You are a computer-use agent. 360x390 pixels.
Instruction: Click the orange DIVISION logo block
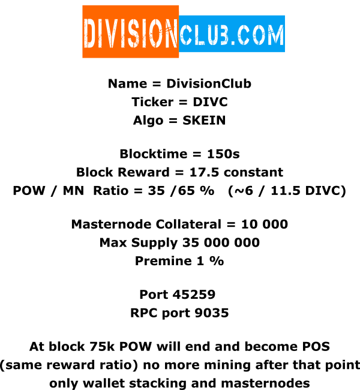pos(131,32)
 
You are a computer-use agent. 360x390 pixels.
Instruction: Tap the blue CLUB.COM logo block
pos(232,34)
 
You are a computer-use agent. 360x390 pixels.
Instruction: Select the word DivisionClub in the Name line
pos(209,83)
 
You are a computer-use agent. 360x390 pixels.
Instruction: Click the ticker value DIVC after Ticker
pos(210,102)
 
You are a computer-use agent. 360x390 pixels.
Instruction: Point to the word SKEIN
pos(204,121)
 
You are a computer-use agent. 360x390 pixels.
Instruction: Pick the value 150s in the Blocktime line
pos(223,154)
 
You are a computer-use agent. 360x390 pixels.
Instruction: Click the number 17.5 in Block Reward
pos(204,172)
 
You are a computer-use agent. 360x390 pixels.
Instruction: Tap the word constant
pos(253,172)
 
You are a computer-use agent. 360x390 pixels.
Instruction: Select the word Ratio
pos(111,191)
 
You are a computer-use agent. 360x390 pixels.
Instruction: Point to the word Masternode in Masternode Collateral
pos(111,224)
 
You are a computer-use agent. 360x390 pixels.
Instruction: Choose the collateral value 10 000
pos(265,224)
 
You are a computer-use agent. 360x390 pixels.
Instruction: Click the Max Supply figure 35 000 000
pos(221,242)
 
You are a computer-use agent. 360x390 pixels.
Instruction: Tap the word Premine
pos(163,261)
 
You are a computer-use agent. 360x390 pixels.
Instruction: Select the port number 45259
pos(194,295)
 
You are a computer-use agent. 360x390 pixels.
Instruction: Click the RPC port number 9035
pos(211,313)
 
